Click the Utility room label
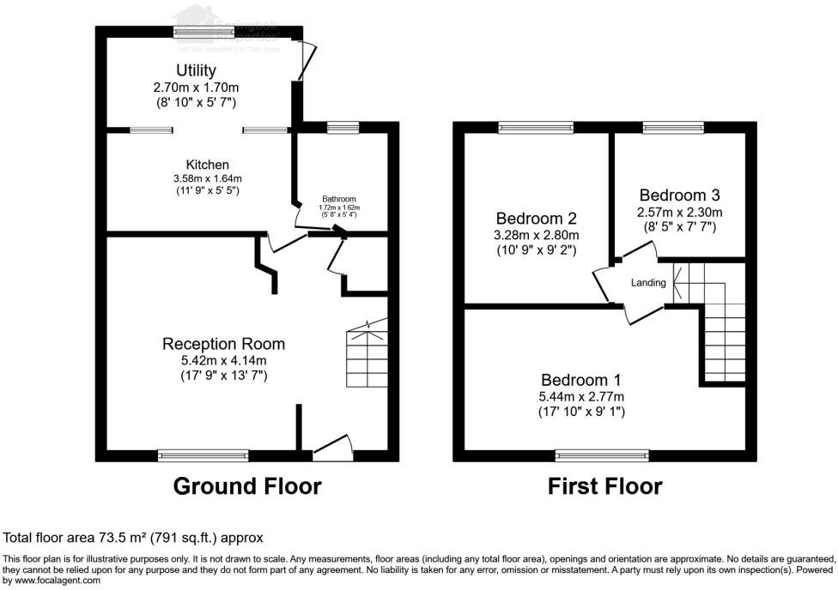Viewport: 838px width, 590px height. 196,70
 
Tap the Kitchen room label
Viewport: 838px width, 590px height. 208,165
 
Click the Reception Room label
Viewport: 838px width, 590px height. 223,344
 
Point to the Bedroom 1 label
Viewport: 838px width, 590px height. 581,380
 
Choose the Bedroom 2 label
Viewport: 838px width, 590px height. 536,218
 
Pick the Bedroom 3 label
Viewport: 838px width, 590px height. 678,196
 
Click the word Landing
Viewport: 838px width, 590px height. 648,283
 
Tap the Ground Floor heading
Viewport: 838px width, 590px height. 247,486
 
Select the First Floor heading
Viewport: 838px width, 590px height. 605,486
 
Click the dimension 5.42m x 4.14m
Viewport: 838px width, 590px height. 223,361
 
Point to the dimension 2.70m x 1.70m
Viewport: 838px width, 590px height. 196,87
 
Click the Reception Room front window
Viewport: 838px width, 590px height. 203,455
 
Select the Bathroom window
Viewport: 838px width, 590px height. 343,128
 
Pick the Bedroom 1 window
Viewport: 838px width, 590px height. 602,455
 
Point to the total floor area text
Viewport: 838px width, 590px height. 133,538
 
